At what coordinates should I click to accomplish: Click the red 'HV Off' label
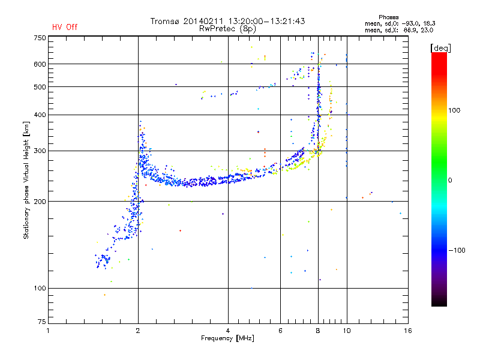[65, 27]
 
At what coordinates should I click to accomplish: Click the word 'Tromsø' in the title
[164, 21]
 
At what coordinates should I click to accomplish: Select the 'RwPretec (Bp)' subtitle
[228, 28]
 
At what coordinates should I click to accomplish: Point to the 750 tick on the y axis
[39, 38]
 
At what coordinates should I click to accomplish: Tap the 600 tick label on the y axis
[39, 64]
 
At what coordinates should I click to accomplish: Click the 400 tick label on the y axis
[39, 115]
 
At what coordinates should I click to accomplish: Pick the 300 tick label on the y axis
[39, 151]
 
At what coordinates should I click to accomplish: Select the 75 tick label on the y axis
[41, 324]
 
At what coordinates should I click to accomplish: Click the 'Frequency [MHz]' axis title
[227, 338]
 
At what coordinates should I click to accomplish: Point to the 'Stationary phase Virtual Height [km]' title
[26, 180]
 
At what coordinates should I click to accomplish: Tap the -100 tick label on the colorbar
[457, 250]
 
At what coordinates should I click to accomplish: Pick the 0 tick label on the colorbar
[450, 180]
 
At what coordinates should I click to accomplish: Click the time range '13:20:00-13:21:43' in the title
[265, 21]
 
